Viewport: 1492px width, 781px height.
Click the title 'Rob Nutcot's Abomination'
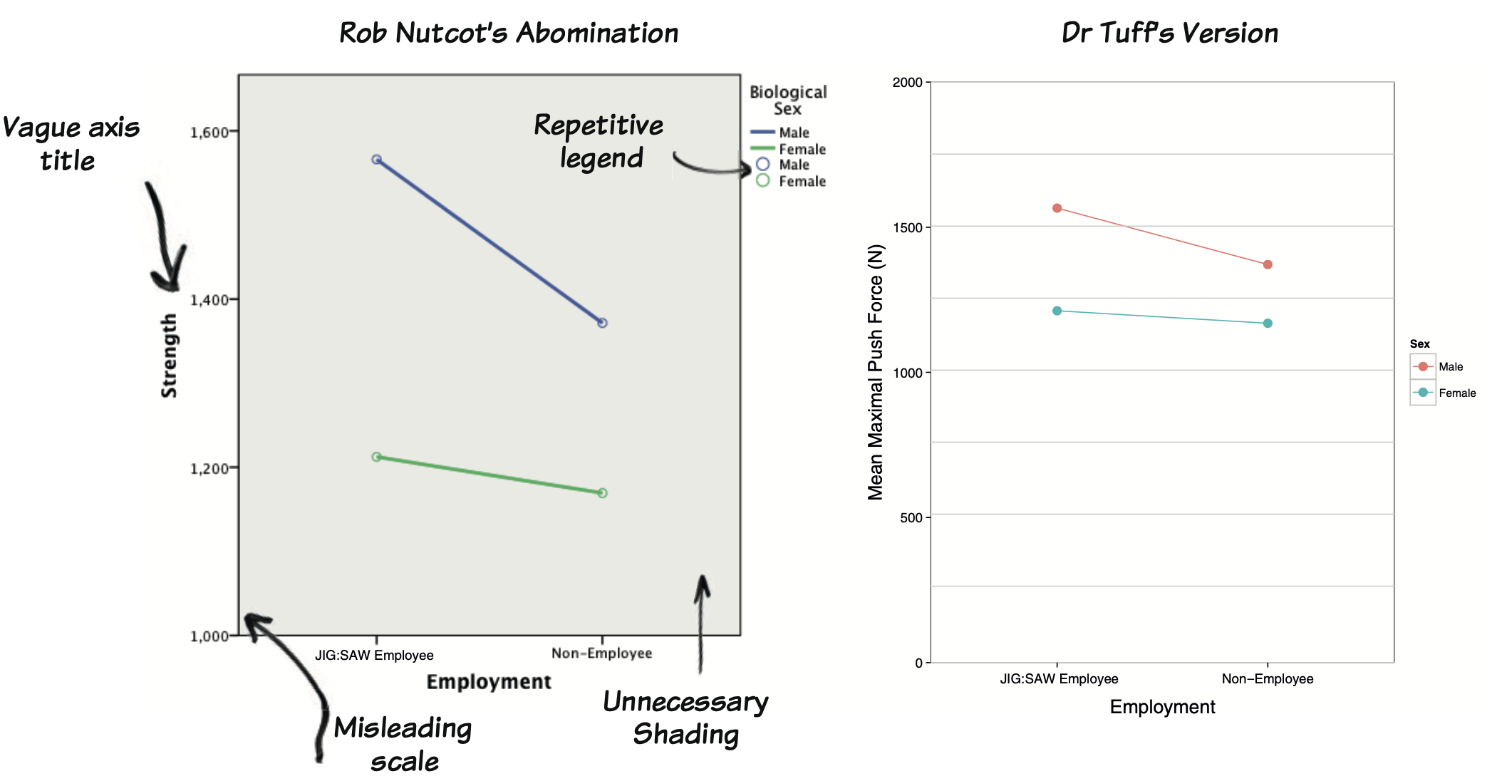pos(509,33)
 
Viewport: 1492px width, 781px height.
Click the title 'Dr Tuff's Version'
pos(1169,33)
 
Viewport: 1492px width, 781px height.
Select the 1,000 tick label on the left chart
pos(209,636)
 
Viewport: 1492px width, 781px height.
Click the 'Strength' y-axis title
pos(169,355)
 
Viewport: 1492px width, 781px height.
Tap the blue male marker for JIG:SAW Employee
pos(377,160)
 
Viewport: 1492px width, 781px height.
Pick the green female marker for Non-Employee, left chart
pos(602,493)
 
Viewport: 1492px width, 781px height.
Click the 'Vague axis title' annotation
pos(71,144)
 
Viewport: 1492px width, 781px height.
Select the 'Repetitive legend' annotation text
pos(599,141)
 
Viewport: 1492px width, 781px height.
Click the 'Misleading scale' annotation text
pos(403,744)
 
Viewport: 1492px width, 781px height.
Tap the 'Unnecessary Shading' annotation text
pos(685,718)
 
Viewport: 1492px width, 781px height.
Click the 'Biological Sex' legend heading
pos(788,100)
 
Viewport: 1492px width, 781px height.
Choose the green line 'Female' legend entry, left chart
pos(789,149)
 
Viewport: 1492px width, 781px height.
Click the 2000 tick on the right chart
pos(907,82)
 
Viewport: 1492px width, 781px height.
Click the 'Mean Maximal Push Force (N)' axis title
pos(876,372)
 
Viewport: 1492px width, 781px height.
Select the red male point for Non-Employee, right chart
pos(1268,264)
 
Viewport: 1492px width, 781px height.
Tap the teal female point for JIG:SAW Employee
pos(1057,311)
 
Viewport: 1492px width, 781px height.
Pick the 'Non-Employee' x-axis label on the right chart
pos(1268,678)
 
